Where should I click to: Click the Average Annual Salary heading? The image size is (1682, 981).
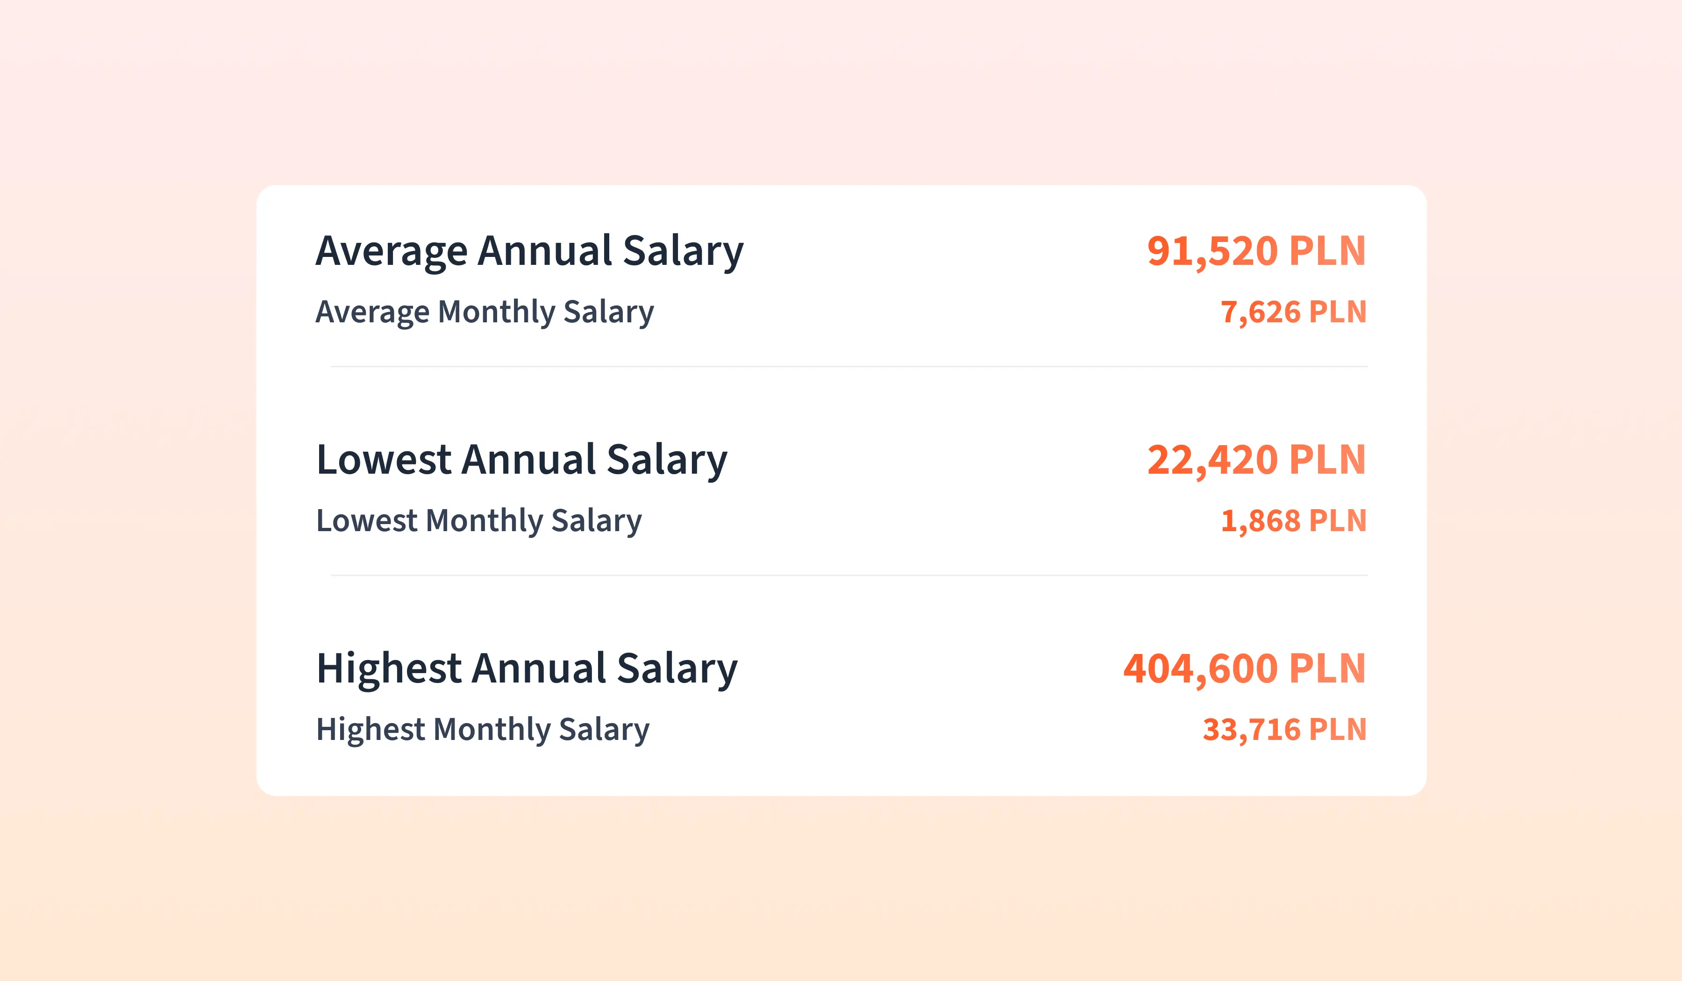529,252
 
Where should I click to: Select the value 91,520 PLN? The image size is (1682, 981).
1256,252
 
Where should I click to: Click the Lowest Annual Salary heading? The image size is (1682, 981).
521,461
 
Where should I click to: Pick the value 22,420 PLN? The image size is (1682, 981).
1256,461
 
